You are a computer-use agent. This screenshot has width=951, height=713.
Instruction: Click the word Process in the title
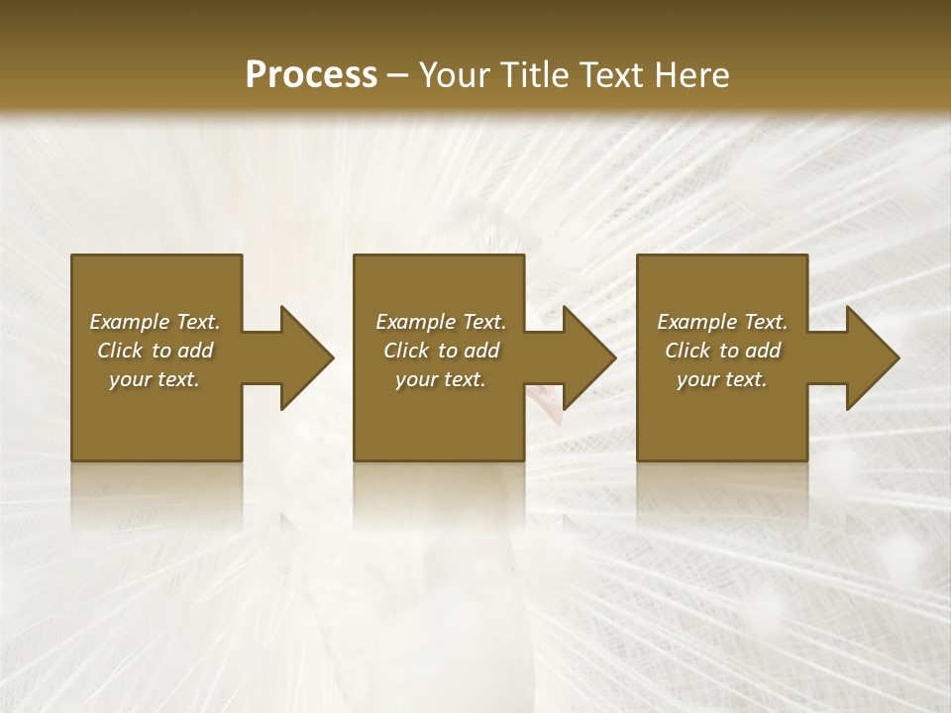point(311,75)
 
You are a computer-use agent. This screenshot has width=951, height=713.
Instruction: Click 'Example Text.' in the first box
point(155,322)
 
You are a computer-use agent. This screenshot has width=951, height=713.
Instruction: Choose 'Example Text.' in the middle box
point(440,322)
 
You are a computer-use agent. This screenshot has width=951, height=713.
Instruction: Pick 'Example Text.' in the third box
point(722,322)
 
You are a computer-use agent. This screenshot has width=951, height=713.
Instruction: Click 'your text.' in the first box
point(155,379)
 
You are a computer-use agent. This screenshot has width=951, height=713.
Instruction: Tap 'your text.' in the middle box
point(440,379)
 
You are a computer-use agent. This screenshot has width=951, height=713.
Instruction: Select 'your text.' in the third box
point(722,379)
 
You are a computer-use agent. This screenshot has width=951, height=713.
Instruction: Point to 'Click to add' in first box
point(155,351)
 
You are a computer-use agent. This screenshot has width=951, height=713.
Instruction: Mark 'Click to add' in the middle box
point(440,351)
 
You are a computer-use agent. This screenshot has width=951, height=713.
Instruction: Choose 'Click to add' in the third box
point(722,351)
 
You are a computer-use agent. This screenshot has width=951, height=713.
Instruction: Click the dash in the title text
point(397,76)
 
